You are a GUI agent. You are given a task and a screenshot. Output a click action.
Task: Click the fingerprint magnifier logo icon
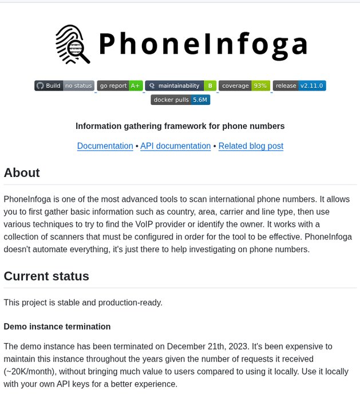(x=73, y=44)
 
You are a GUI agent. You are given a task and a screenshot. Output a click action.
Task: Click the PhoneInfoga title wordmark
(x=203, y=44)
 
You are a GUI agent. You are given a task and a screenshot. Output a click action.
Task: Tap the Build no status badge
(x=64, y=86)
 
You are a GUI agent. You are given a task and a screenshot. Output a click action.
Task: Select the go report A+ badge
(x=120, y=86)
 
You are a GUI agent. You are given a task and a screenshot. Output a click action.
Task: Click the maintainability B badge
(x=181, y=86)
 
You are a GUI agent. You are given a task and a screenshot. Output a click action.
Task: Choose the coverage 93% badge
(x=244, y=86)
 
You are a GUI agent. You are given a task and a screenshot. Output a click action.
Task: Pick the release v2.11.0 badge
(x=299, y=86)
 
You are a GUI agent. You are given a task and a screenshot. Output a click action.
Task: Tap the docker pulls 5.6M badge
(x=180, y=100)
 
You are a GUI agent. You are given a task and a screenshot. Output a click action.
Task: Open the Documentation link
(x=105, y=146)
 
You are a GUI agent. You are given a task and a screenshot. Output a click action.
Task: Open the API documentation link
(x=175, y=146)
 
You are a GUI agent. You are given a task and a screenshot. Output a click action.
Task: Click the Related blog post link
(x=251, y=146)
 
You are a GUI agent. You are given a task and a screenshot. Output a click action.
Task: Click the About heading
(x=22, y=173)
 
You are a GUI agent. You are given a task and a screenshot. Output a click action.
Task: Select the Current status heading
(x=46, y=276)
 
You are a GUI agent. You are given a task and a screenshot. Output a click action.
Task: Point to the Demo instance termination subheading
(x=57, y=327)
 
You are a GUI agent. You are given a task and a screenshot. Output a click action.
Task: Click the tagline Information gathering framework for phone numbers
(x=180, y=126)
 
